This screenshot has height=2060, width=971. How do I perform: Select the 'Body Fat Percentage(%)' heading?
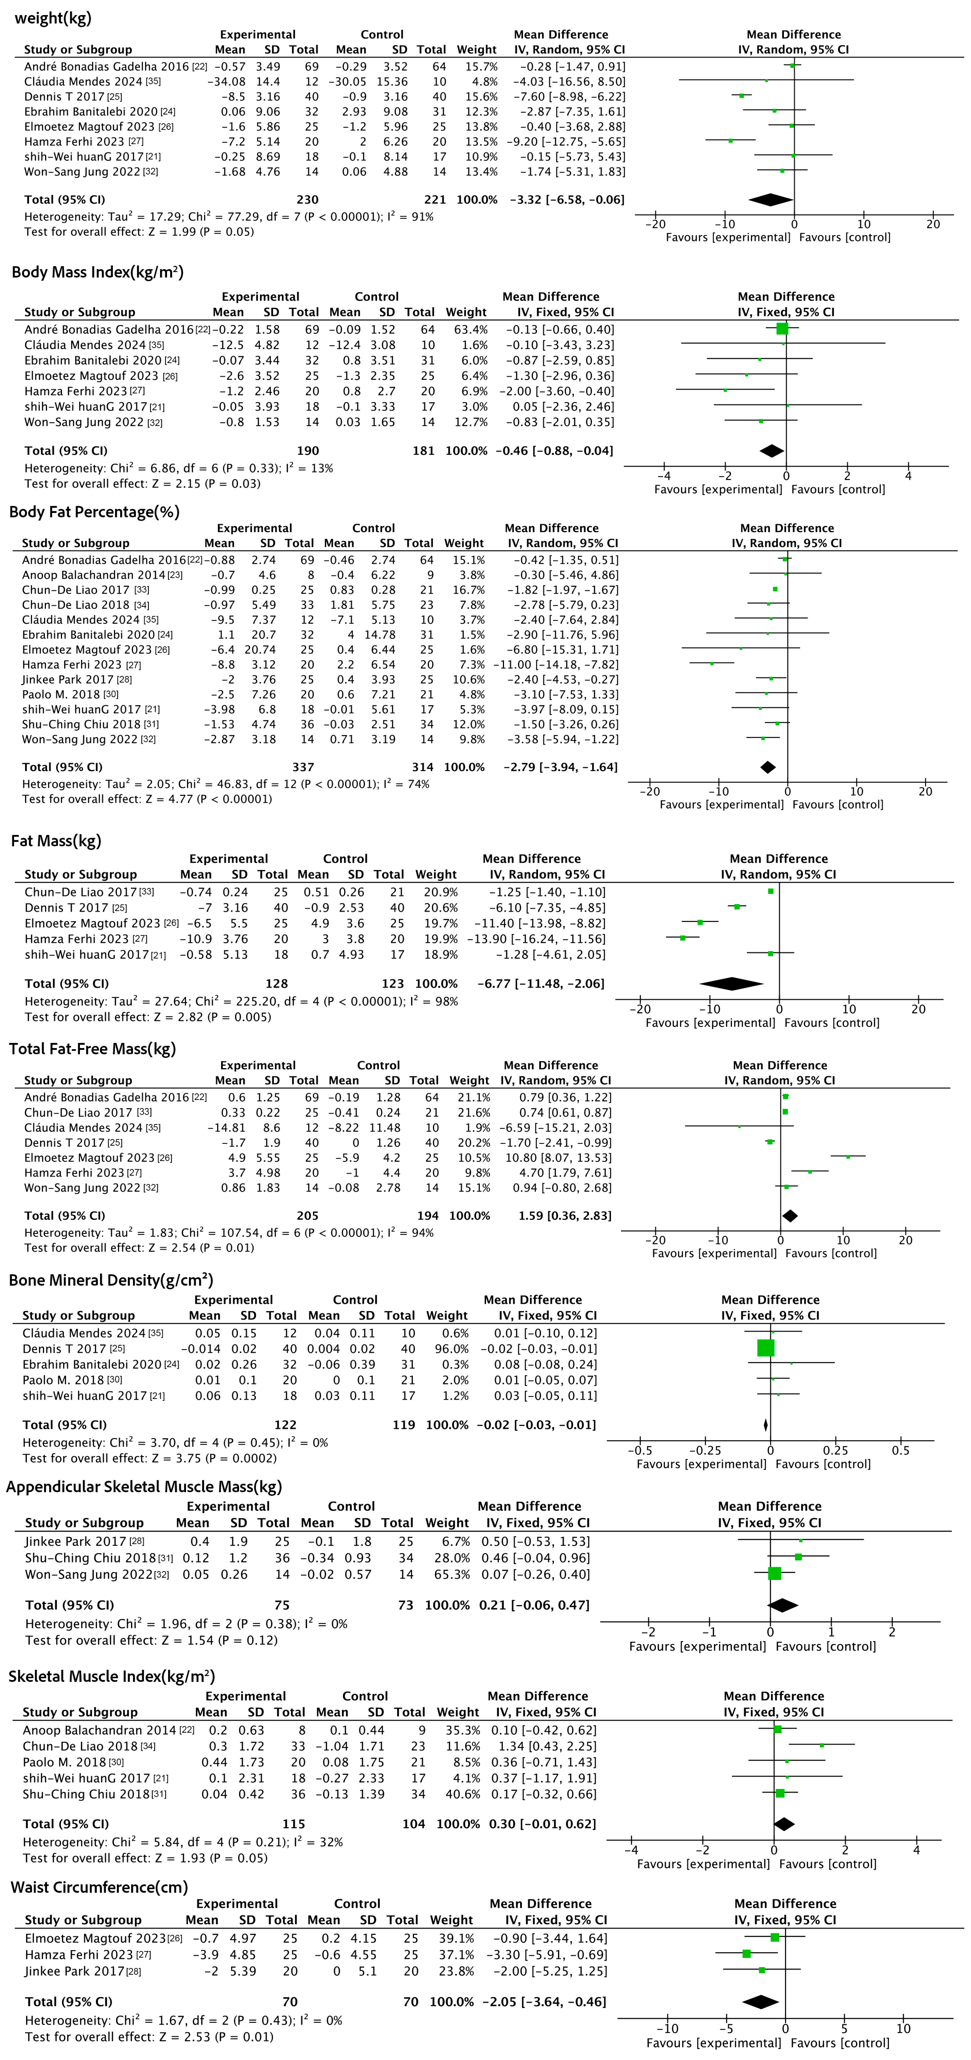click(94, 512)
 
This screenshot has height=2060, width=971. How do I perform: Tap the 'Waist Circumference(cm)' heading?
click(99, 1887)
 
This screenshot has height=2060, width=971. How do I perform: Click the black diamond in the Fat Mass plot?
click(731, 984)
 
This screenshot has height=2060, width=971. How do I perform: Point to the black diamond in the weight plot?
click(770, 200)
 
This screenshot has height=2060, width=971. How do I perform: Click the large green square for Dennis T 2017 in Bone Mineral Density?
click(766, 1348)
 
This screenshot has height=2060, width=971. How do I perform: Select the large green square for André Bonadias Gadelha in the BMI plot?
click(782, 329)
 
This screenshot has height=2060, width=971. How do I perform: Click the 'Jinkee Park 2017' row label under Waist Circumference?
click(75, 1971)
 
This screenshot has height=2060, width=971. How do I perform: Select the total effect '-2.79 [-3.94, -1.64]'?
click(560, 767)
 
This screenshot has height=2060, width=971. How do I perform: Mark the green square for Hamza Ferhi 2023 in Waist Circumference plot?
click(746, 1954)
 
